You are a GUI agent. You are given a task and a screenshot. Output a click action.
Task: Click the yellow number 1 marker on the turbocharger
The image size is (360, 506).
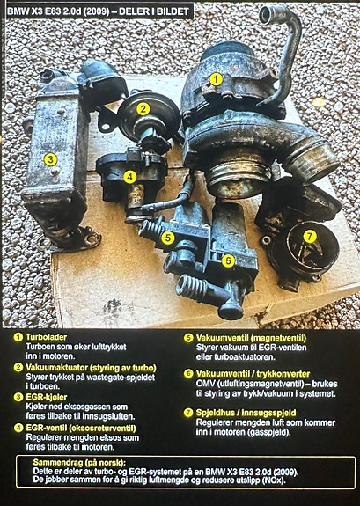pyautogui.click(x=216, y=79)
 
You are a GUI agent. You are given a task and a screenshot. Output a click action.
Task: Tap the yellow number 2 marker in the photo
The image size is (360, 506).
pyautogui.click(x=143, y=109)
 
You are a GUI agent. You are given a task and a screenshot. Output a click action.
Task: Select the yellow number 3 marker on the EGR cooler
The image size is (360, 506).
pyautogui.click(x=50, y=159)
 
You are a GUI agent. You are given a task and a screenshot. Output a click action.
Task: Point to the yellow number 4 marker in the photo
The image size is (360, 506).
pyautogui.click(x=129, y=177)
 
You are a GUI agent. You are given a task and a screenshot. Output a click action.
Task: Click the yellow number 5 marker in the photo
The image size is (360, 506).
pyautogui.click(x=168, y=238)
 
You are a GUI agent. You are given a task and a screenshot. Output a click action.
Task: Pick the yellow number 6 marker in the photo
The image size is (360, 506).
pyautogui.click(x=228, y=260)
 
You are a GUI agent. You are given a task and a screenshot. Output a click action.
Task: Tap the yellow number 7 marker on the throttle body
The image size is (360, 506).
pyautogui.click(x=310, y=237)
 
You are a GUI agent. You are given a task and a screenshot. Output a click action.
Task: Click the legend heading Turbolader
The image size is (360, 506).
pyautogui.click(x=46, y=337)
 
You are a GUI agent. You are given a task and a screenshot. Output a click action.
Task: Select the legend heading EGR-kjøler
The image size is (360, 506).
pyautogui.click(x=47, y=397)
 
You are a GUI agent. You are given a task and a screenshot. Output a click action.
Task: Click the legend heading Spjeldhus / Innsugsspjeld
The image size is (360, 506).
pyautogui.click(x=246, y=413)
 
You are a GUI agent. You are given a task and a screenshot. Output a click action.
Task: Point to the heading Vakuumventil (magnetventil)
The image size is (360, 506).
pyautogui.click(x=251, y=338)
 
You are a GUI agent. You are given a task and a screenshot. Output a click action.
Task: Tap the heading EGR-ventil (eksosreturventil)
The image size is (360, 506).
pyautogui.click(x=81, y=429)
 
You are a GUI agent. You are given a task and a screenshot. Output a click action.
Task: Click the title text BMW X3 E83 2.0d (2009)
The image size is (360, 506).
pyautogui.click(x=58, y=11)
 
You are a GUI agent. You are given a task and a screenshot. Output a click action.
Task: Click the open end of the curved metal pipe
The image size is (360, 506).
pyautogui.click(x=267, y=15)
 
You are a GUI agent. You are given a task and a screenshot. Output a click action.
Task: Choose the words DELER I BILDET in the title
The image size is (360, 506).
pyautogui.click(x=154, y=11)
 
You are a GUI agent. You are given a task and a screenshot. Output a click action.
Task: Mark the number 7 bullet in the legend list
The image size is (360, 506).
pyautogui.click(x=187, y=413)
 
